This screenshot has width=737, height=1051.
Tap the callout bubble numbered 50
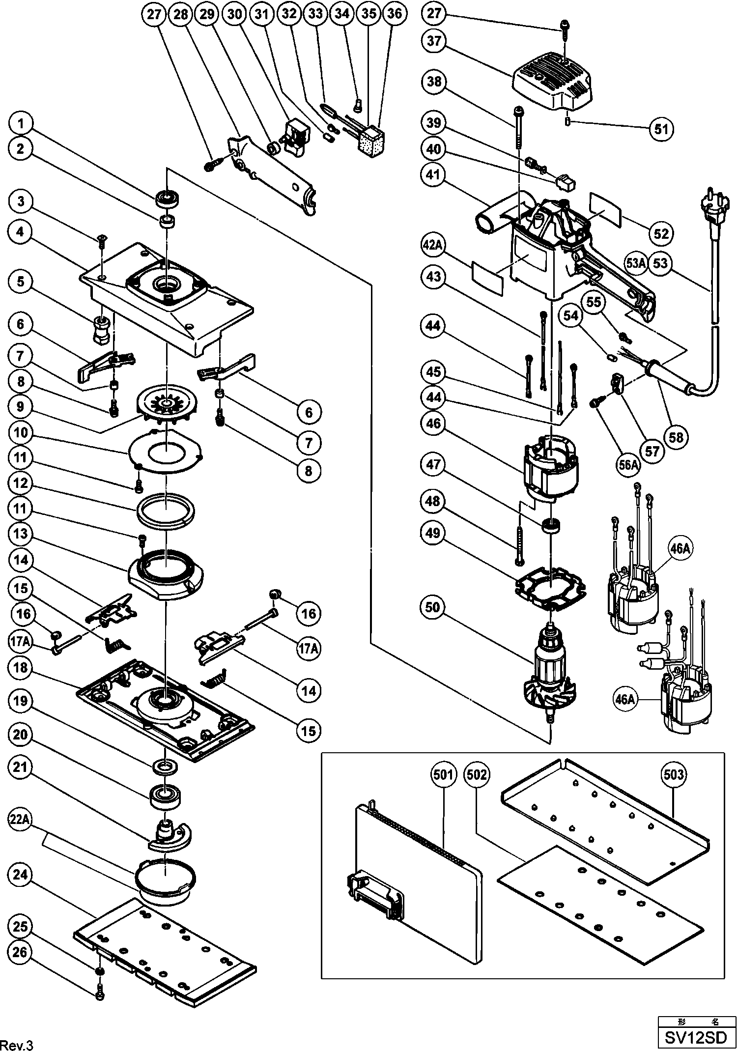point(433,607)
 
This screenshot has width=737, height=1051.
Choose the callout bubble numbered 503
point(673,775)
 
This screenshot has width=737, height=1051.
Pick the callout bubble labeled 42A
point(433,244)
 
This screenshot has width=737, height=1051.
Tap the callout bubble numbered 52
point(661,233)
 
